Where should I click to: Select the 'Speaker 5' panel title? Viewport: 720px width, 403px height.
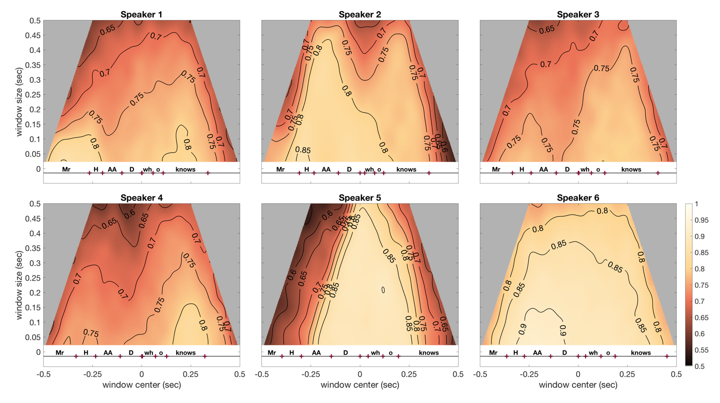point(359,197)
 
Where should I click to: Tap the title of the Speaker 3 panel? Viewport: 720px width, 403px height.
point(578,14)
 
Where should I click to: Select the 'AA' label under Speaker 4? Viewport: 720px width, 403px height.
point(108,353)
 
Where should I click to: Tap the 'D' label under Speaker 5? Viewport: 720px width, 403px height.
point(345,353)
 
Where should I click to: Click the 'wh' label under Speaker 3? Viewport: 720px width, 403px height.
point(585,169)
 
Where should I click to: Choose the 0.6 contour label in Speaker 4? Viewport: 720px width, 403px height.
point(130,213)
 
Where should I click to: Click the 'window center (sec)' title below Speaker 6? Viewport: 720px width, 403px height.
point(578,385)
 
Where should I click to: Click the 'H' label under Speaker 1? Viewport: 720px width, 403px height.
point(96,169)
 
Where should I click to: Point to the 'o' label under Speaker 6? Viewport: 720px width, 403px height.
point(608,353)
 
